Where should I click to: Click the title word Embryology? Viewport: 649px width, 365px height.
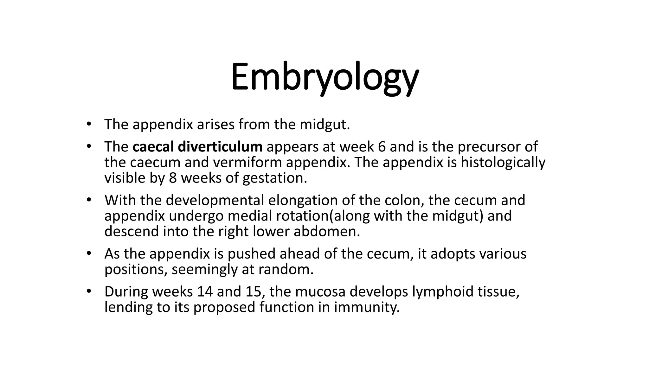point(324,78)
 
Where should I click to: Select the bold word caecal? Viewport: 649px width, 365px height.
point(153,147)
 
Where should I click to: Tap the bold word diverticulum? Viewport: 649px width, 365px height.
point(220,147)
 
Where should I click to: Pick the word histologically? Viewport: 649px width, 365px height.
point(503,163)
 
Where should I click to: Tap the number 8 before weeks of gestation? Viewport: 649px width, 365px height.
point(173,178)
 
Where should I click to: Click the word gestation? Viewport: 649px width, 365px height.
point(275,178)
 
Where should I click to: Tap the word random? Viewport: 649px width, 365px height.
point(286,270)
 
